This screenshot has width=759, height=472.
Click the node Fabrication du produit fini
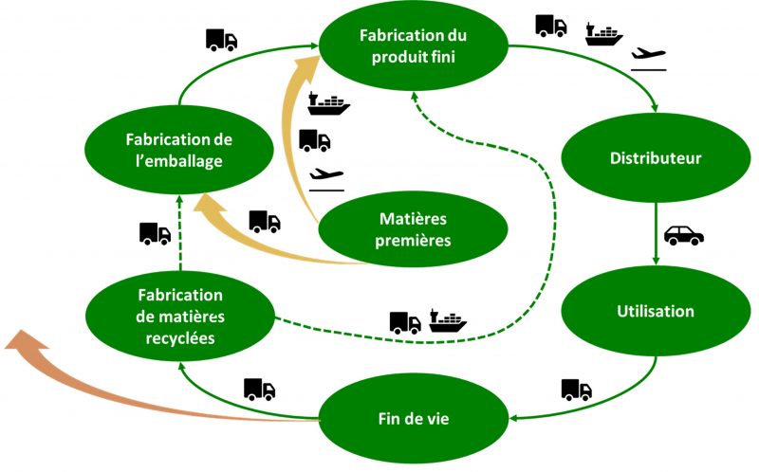coord(414,45)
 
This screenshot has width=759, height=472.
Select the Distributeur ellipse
coord(656,158)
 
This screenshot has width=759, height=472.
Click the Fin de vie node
coord(414,417)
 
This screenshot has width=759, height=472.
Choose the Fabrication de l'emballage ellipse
coord(179,150)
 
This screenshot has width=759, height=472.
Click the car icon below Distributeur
coord(682,235)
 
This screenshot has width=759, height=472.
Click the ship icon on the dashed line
coord(448,320)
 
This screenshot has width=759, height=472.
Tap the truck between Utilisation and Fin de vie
coord(576,389)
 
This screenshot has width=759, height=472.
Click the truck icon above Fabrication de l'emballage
coord(221,40)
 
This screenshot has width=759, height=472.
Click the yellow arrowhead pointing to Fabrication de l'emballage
coord(208,205)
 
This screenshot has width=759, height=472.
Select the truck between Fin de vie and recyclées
coord(259,389)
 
